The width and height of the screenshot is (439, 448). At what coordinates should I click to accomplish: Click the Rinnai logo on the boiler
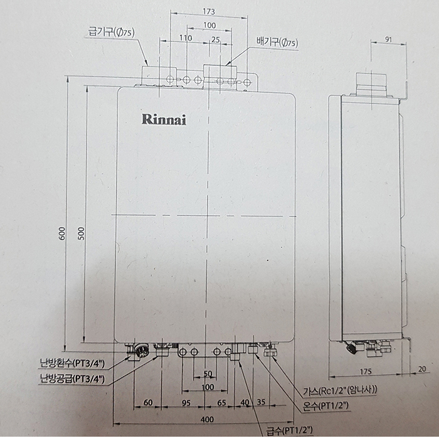click(x=164, y=119)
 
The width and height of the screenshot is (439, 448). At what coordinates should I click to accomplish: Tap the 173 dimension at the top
click(x=209, y=11)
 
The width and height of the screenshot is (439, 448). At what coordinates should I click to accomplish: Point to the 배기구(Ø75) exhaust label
click(x=277, y=43)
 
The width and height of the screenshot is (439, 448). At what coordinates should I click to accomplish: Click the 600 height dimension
click(x=61, y=233)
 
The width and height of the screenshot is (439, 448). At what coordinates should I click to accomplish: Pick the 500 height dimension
click(x=81, y=233)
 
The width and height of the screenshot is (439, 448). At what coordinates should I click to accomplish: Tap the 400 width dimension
click(x=207, y=419)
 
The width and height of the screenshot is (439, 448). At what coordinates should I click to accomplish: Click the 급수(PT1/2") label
click(x=289, y=430)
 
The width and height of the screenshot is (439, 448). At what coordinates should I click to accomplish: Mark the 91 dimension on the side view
click(x=388, y=40)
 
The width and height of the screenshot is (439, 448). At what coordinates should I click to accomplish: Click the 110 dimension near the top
click(x=186, y=38)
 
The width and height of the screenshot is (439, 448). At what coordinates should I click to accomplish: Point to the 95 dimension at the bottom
click(x=186, y=402)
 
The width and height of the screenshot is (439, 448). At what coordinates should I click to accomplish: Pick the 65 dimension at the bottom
click(x=221, y=402)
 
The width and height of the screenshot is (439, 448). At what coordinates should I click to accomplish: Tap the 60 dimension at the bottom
click(x=148, y=402)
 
